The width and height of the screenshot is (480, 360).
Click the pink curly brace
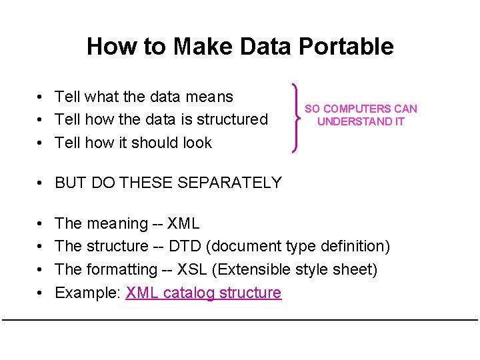[x=295, y=118]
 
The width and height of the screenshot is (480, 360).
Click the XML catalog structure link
[x=203, y=293]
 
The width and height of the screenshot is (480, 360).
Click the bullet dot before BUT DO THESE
[x=41, y=183]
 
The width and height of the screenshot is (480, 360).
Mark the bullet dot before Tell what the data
[x=41, y=97]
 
